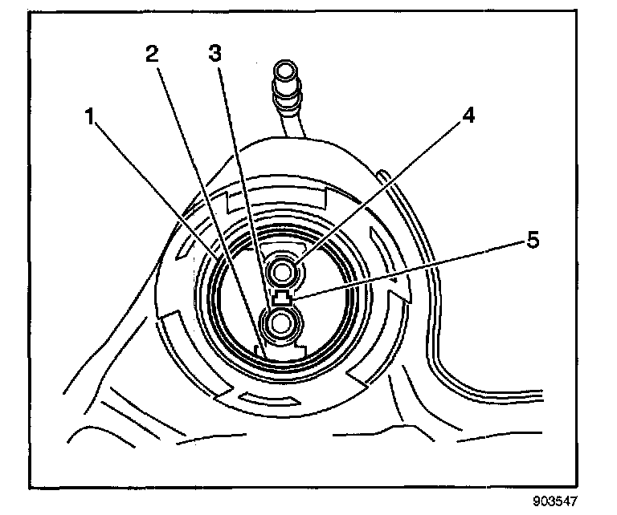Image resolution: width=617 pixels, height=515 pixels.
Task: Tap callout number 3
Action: pos(215,54)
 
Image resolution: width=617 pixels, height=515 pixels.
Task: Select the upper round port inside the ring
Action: pos(282,273)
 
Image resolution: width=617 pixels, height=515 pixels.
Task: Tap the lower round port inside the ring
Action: pos(282,323)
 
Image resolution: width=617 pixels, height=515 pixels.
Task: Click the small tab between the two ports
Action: pos(282,299)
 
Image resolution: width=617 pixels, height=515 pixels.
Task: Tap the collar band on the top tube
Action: pos(288,100)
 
